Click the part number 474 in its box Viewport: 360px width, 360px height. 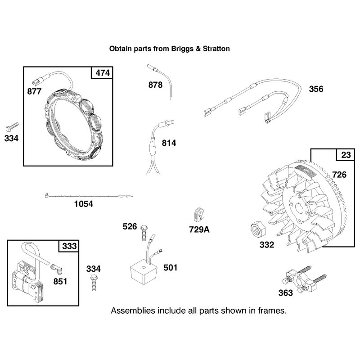(x=103, y=73)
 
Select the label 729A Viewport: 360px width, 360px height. (x=199, y=229)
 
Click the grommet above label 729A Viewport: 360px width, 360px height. (x=199, y=215)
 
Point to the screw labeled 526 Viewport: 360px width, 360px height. (x=144, y=233)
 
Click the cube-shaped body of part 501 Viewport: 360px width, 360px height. (x=144, y=272)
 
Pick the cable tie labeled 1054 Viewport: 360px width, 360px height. (x=89, y=196)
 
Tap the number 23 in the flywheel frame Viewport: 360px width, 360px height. (x=346, y=155)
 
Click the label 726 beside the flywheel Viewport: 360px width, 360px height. (x=339, y=175)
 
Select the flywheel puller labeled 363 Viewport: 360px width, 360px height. (x=303, y=281)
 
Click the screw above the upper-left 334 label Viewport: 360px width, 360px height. (x=12, y=127)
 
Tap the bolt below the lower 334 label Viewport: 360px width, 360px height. (x=94, y=283)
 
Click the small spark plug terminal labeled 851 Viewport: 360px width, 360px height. (x=57, y=269)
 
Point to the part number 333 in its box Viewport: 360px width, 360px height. (x=69, y=246)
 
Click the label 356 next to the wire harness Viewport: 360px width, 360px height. (x=316, y=89)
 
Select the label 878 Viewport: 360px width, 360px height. (x=155, y=85)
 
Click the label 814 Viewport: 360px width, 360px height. (x=169, y=143)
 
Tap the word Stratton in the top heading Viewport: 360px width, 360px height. (x=216, y=49)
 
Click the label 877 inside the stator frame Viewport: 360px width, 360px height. (x=34, y=92)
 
